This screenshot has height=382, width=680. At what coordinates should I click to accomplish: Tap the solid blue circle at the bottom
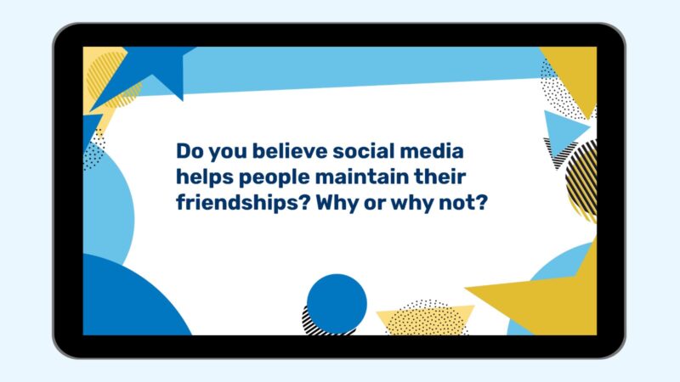coord(337,302)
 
